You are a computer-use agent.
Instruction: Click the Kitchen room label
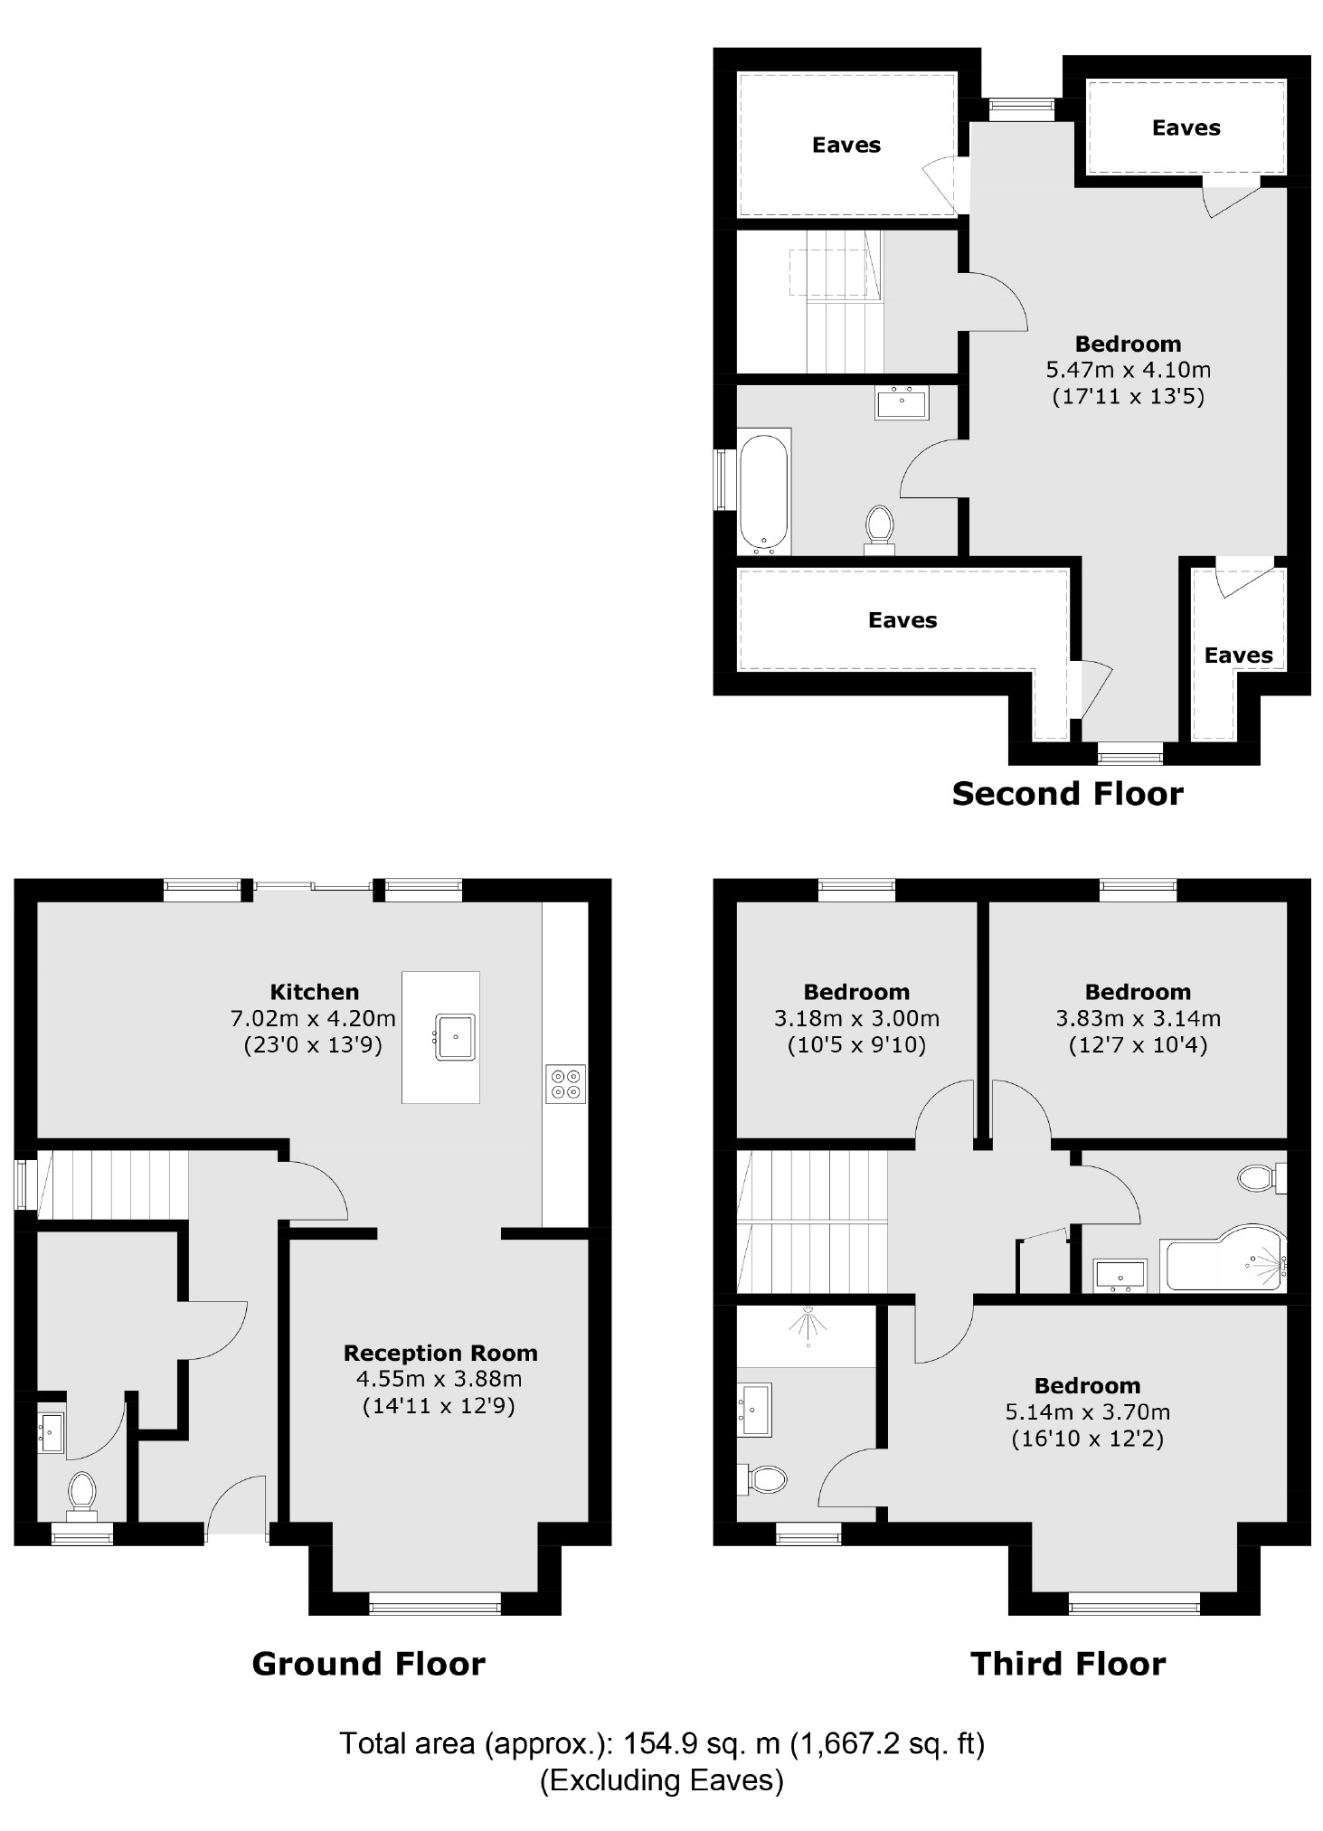(x=314, y=992)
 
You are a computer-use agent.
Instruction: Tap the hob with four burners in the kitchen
(x=566, y=1083)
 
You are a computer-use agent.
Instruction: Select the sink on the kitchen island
(x=456, y=1036)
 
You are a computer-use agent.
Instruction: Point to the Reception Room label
(x=440, y=1353)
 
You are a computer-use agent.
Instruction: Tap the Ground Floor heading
(x=368, y=1664)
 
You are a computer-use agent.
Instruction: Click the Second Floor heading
(x=1067, y=794)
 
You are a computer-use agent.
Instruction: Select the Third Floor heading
(x=1068, y=1664)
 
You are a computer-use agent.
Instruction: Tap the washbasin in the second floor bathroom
(x=902, y=401)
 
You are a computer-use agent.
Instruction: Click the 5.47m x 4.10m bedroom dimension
(x=1128, y=370)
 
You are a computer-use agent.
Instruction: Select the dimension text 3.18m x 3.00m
(x=856, y=1019)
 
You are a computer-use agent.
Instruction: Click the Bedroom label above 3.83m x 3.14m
(x=1138, y=992)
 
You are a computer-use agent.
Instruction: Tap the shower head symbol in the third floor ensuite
(x=808, y=1325)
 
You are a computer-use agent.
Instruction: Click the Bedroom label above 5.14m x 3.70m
(x=1087, y=1385)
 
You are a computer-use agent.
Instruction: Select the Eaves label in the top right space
(x=1186, y=128)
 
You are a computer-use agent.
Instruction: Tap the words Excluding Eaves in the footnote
(x=661, y=1780)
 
